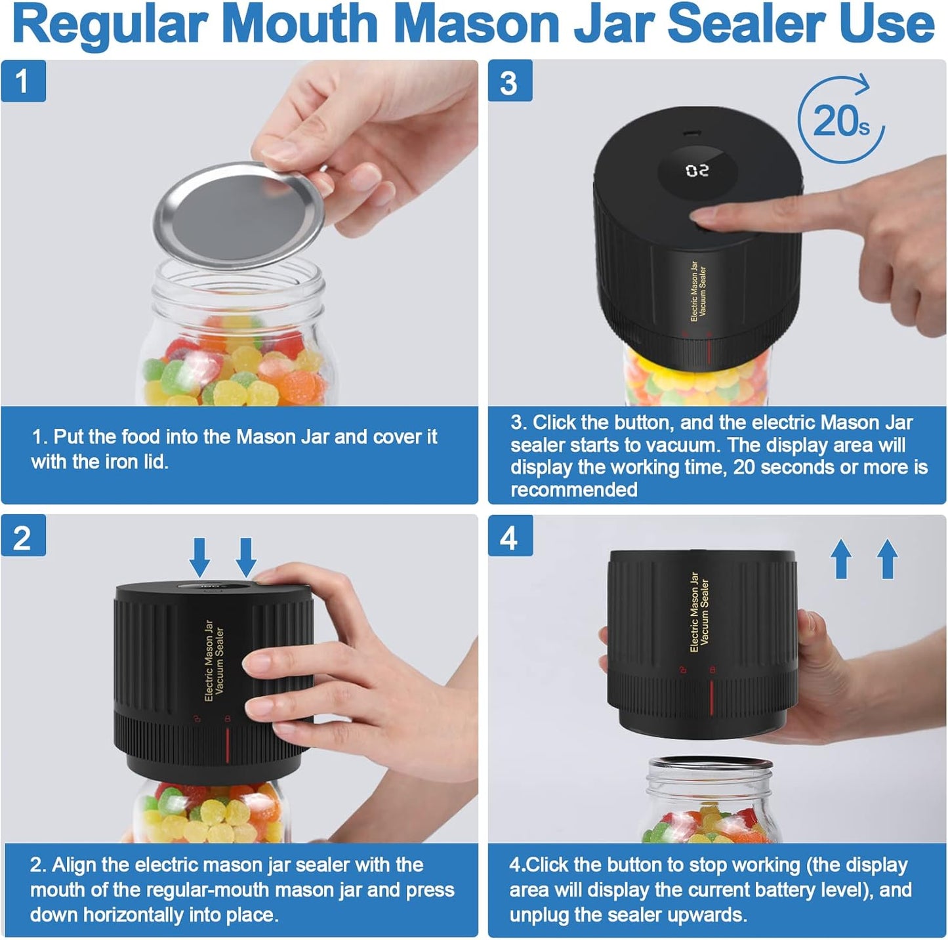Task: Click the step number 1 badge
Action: coord(23,81)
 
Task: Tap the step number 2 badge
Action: coord(23,537)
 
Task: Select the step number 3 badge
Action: coord(510,82)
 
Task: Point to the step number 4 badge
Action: coord(510,537)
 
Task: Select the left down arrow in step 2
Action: coord(200,557)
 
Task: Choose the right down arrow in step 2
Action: coord(245,557)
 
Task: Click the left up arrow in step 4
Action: coord(842,559)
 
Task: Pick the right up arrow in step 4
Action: coord(887,559)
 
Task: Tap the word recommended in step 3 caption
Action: coord(574,490)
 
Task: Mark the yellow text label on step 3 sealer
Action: coord(698,291)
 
